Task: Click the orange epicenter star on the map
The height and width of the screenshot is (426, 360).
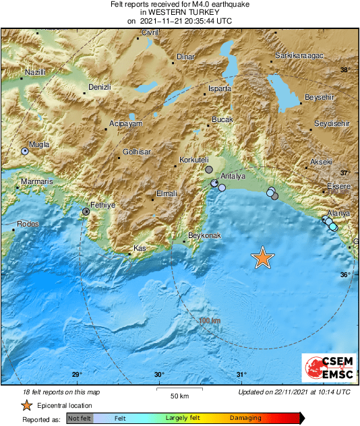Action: tap(263, 258)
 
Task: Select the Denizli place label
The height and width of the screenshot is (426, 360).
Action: tap(100, 88)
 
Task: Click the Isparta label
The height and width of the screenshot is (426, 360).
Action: tap(220, 88)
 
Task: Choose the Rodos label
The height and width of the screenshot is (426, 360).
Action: tap(29, 224)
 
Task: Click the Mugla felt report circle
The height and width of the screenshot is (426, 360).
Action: tap(25, 152)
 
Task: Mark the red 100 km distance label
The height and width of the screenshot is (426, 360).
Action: tap(210, 321)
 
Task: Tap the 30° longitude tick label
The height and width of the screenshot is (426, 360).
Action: tap(159, 375)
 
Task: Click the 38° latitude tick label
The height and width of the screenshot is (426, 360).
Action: tap(344, 70)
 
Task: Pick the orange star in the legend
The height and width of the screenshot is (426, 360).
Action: tap(26, 406)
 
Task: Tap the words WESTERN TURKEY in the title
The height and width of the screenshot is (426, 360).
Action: tap(180, 11)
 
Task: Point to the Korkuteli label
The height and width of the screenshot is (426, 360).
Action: tap(194, 160)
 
